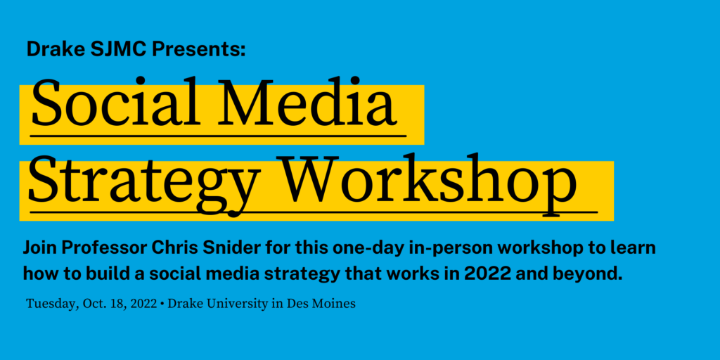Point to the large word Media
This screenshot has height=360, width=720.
[x=311, y=103]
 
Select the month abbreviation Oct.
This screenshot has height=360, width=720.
[x=94, y=304]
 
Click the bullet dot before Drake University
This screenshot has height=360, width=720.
[x=162, y=304]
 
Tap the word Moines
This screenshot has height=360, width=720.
[x=335, y=304]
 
